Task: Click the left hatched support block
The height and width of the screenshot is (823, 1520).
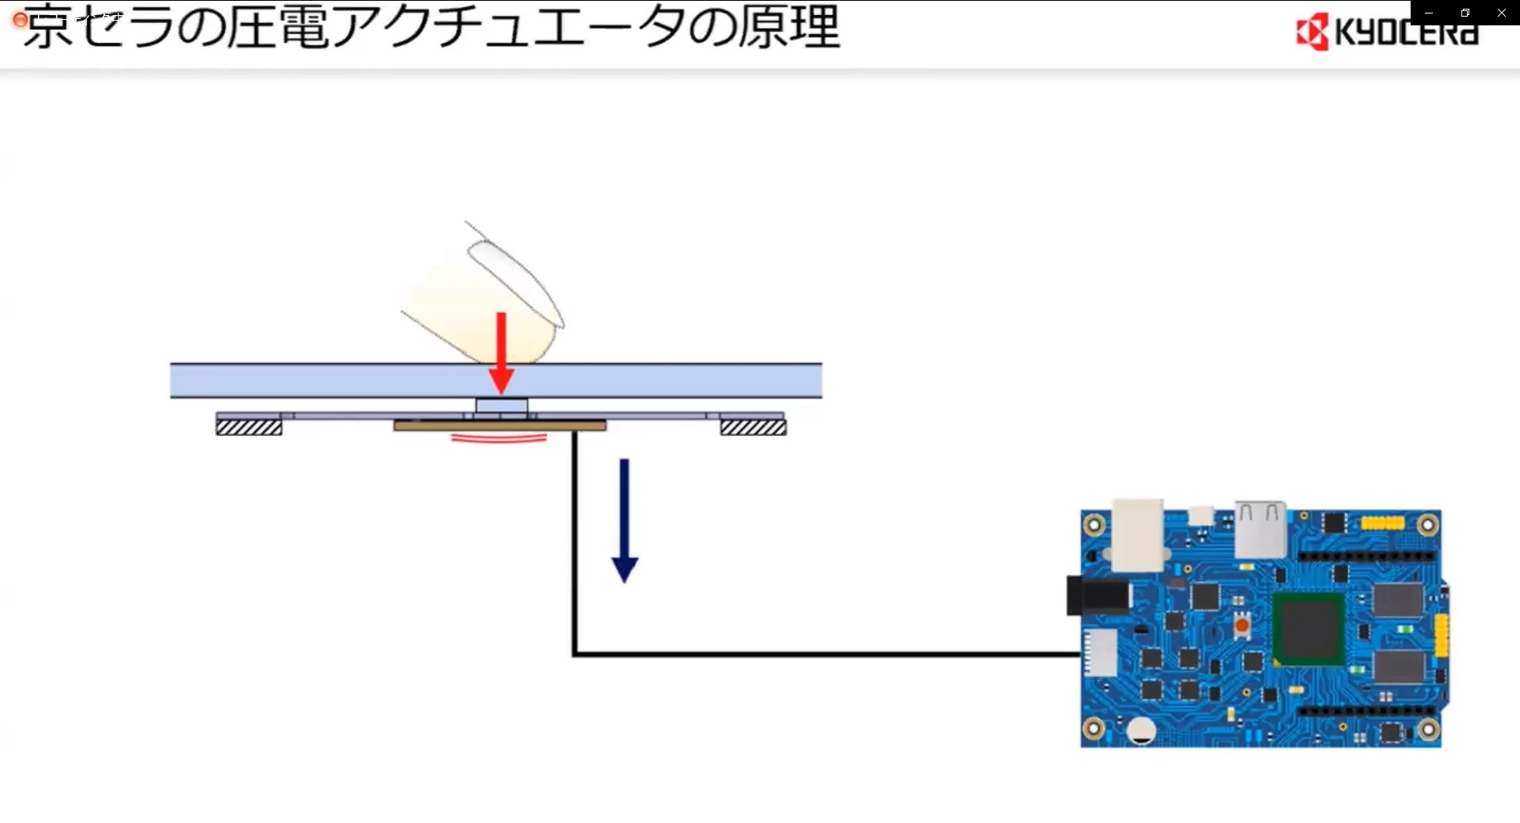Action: point(249,427)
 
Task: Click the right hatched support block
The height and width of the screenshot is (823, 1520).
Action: point(753,427)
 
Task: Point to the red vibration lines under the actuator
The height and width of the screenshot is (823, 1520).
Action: point(498,437)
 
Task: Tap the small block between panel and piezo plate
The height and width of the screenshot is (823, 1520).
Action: point(501,406)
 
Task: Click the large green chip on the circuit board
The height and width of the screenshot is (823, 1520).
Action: point(1308,628)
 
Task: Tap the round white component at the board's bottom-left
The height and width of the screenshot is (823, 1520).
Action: point(1140,730)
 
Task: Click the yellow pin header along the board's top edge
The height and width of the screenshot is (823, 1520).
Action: point(1382,523)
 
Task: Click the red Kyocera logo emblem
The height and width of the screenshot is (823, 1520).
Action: point(1312,33)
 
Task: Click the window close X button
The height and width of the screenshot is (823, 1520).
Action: point(1501,13)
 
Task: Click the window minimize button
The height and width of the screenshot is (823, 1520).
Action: point(1429,13)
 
